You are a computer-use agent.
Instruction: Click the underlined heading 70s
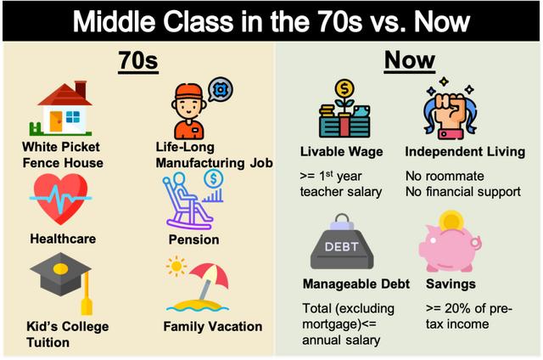tap(138, 61)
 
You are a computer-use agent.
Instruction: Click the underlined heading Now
tap(409, 60)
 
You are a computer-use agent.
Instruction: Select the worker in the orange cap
tap(188, 111)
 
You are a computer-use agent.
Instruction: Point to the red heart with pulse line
tap(60, 198)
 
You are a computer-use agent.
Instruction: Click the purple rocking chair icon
tap(188, 201)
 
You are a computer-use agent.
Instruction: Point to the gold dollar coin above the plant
tap(344, 88)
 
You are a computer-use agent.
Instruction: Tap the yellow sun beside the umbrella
tap(176, 266)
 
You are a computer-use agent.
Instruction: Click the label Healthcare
tap(63, 239)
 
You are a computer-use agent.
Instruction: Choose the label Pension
tap(194, 239)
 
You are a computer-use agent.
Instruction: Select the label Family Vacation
tap(213, 326)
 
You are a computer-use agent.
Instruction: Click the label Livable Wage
tap(341, 152)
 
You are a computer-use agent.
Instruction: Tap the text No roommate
tap(445, 176)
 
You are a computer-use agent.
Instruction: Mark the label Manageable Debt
tap(356, 284)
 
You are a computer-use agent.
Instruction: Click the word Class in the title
tap(199, 21)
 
